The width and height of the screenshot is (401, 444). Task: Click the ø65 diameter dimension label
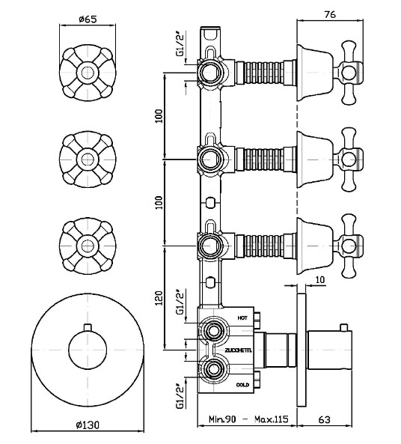(88, 19)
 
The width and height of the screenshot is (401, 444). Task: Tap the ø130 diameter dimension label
(88, 425)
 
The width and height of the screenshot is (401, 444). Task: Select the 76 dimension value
(330, 14)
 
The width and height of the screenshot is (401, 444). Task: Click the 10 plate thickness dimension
(319, 280)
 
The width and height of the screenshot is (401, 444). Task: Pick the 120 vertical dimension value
(159, 298)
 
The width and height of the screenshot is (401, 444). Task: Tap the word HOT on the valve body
(242, 318)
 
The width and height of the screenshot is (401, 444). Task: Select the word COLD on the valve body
(242, 385)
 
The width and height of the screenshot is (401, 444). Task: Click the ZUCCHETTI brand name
(238, 350)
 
